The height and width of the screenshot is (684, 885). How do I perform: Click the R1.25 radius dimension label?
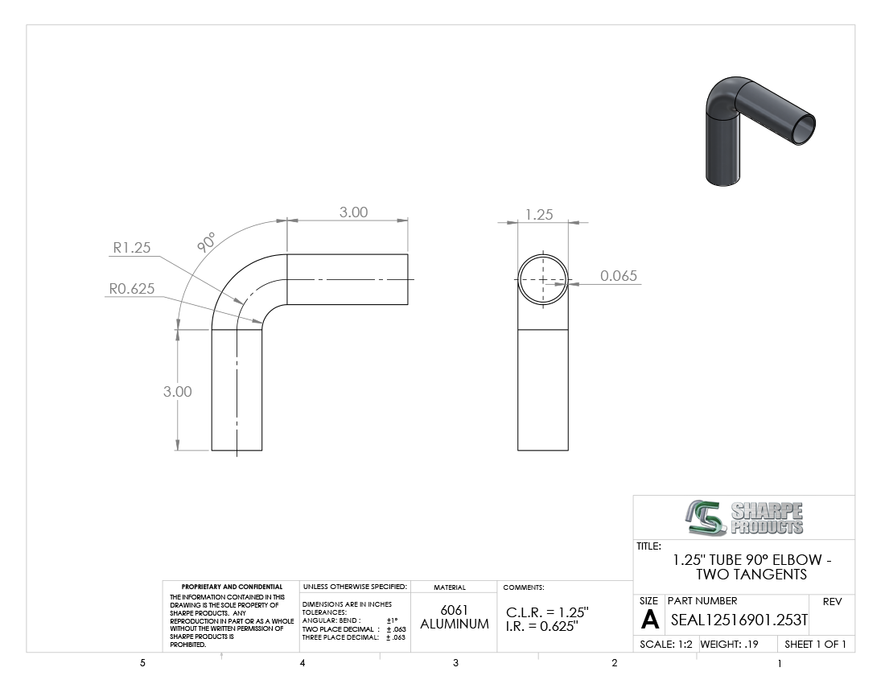pos(131,247)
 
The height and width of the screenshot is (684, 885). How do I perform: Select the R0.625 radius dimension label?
pos(131,288)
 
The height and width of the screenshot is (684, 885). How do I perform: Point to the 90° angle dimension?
pos(207,241)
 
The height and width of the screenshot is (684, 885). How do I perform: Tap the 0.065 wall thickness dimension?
pos(619,275)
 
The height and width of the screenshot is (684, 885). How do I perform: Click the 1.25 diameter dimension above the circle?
pos(539,215)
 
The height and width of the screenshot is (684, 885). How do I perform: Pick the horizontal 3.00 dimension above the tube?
pos(353,212)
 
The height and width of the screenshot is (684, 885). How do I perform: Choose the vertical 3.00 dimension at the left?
pos(177,391)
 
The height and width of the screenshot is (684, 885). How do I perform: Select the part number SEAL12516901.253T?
pos(739,620)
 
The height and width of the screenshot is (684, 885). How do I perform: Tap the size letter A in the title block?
pos(650,620)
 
